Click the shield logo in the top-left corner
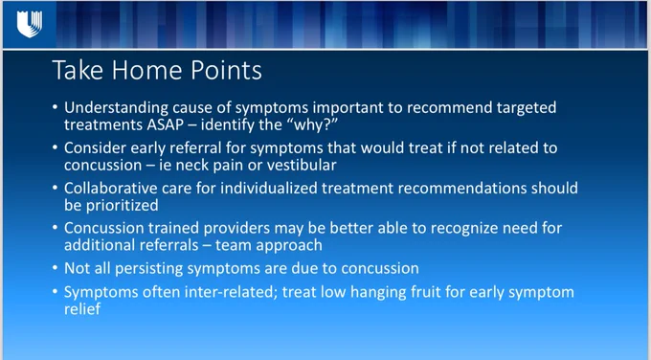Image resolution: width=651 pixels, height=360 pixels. [30, 24]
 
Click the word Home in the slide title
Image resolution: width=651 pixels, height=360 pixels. [146, 70]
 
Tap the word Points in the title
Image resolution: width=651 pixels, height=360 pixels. [226, 70]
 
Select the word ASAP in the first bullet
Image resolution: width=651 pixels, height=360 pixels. [165, 124]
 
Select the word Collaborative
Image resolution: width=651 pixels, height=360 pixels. [111, 188]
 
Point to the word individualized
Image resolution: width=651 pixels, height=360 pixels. [269, 188]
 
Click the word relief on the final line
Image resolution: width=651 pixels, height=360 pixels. [82, 308]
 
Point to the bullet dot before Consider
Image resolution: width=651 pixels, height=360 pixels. [56, 147]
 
